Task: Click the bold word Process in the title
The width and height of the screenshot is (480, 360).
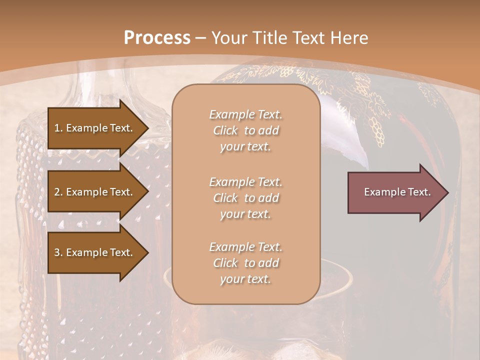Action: click(x=157, y=38)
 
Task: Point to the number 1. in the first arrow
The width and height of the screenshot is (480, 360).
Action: click(x=58, y=128)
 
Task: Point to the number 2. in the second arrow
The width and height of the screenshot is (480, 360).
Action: click(x=58, y=192)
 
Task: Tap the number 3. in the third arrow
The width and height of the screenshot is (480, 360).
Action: click(x=58, y=252)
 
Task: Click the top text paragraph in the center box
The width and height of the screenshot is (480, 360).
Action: click(x=245, y=130)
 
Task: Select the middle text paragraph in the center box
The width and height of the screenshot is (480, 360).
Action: click(x=245, y=198)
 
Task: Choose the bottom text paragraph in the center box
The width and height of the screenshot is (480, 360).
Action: click(x=245, y=263)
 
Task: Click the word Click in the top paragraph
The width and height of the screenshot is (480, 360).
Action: click(x=225, y=130)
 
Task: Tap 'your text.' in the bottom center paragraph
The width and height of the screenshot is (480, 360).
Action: click(x=245, y=279)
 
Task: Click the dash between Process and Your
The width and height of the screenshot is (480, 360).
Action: click(x=201, y=38)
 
